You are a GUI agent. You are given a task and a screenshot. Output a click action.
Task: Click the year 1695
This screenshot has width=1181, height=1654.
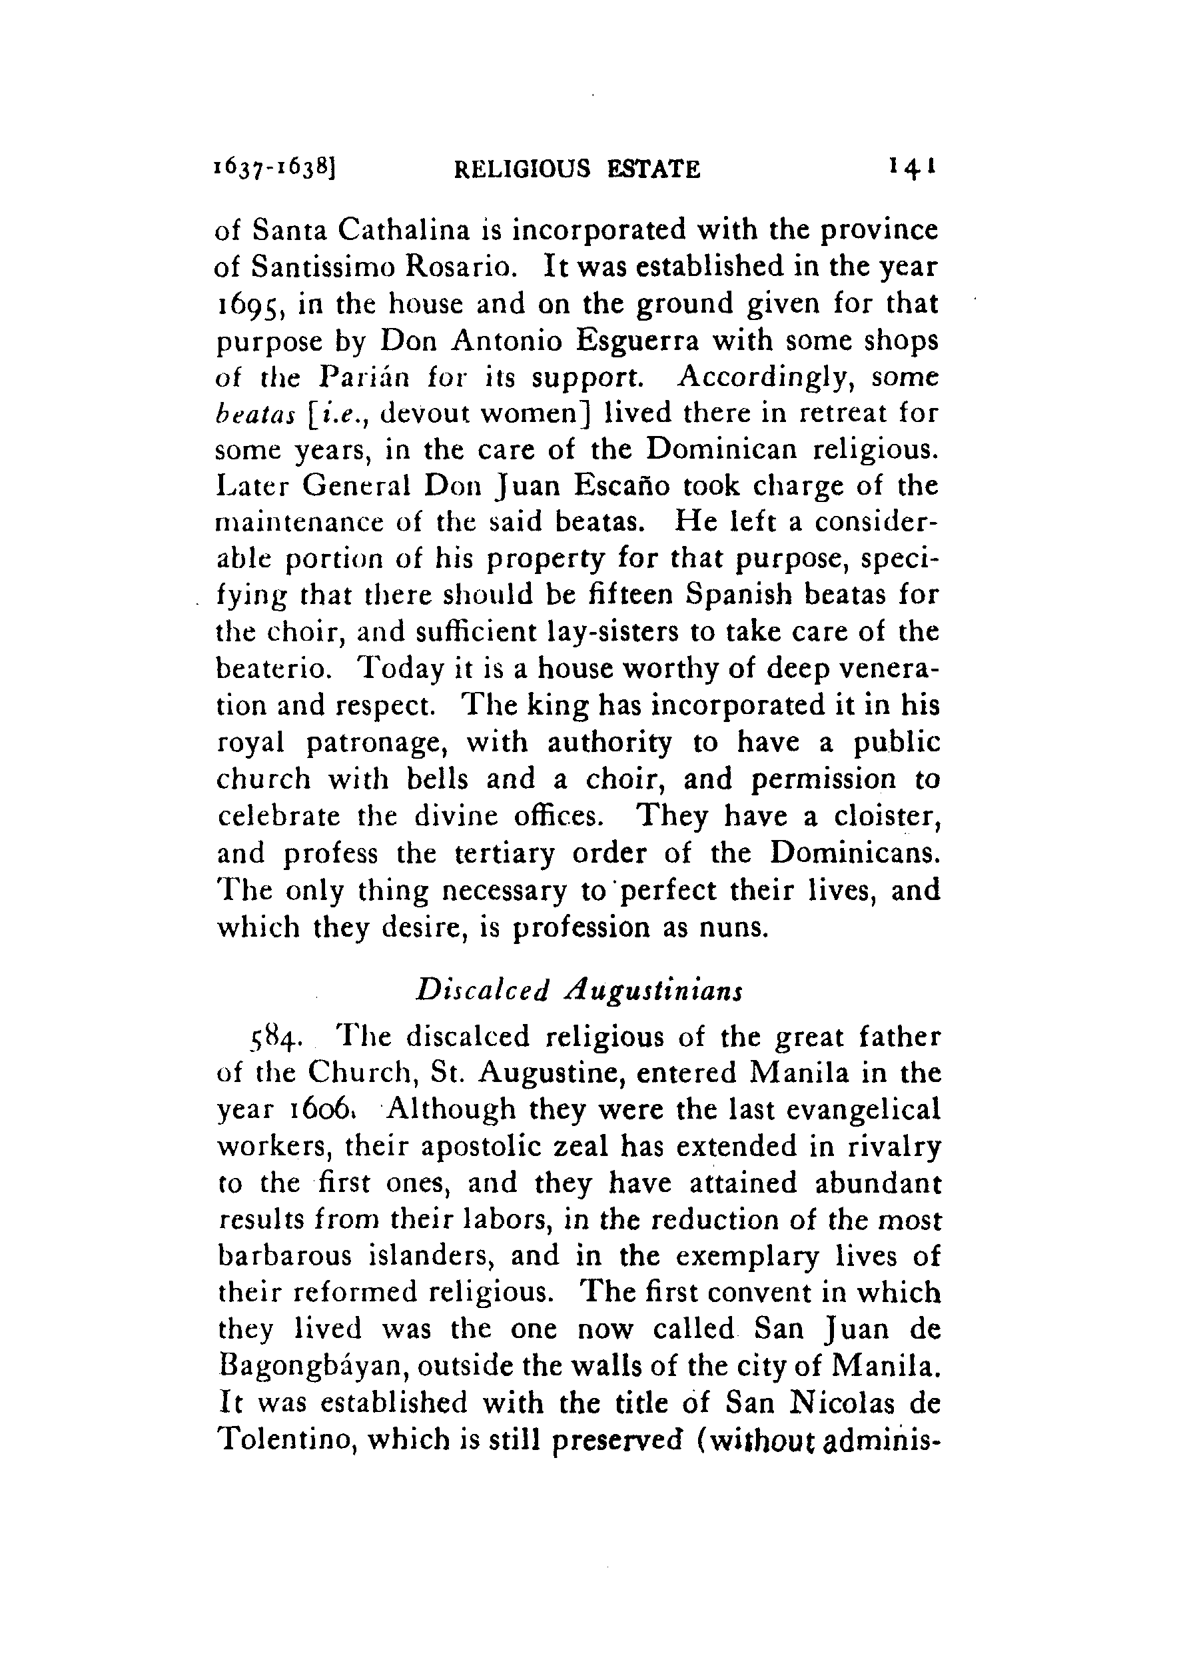pyautogui.click(x=248, y=305)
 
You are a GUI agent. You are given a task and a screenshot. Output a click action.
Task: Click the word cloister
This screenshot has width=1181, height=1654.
pyautogui.click(x=887, y=817)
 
